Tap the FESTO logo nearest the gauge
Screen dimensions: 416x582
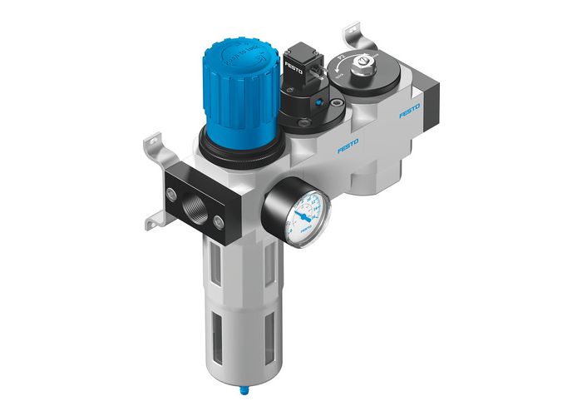click(x=348, y=147)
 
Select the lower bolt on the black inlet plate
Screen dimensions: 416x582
click(x=219, y=220)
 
